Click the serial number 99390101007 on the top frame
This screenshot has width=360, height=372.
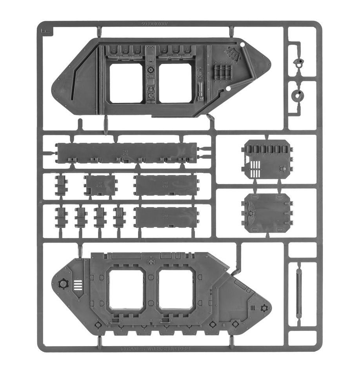tap(156, 24)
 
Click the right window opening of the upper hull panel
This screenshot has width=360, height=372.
tap(175, 83)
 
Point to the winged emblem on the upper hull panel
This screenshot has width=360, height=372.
tap(234, 54)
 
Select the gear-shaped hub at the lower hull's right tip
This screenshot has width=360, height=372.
tap(265, 308)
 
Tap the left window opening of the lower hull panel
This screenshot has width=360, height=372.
tap(126, 289)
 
